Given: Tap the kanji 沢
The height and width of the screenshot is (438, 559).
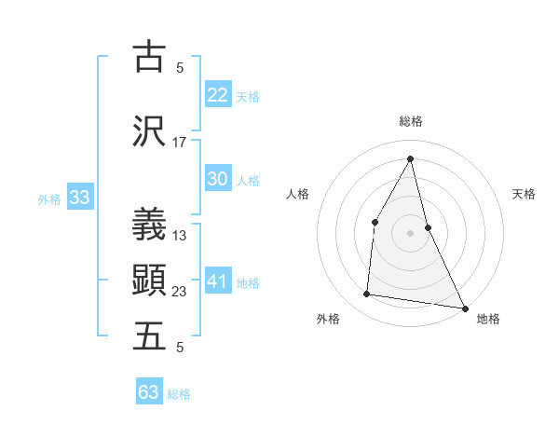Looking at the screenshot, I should (x=149, y=130).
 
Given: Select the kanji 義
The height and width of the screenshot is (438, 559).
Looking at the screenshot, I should (x=149, y=224).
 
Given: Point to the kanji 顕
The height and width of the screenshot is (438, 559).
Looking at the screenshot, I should (x=149, y=280).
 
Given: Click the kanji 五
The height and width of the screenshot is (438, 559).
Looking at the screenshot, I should (x=149, y=335).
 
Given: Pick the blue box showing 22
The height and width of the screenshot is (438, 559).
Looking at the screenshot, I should (x=218, y=95).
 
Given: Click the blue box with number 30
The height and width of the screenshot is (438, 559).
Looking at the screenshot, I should (x=218, y=179).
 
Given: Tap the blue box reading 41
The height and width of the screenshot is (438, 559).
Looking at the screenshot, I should (x=218, y=281).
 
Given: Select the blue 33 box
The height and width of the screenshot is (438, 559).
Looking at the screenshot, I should (x=79, y=198).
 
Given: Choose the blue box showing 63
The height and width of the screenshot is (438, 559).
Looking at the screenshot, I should (x=149, y=392).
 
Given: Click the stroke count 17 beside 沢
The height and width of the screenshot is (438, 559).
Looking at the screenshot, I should (x=180, y=143).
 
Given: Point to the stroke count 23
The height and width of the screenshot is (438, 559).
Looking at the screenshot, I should (x=180, y=292).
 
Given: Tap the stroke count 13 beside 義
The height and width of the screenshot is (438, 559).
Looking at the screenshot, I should (x=180, y=236).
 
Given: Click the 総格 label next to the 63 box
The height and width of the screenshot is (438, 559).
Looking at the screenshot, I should (x=179, y=394).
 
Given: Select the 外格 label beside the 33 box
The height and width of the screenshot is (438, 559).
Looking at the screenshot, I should (x=49, y=198).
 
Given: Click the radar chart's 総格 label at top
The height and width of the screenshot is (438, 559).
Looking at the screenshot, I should (x=411, y=121).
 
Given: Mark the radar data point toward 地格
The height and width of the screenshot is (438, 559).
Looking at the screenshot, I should (x=465, y=308).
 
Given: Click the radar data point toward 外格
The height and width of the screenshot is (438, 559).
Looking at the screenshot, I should (x=367, y=294).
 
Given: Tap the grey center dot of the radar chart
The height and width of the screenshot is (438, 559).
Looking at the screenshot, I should (x=410, y=232).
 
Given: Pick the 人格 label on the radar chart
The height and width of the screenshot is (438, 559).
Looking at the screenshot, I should (x=297, y=194).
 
